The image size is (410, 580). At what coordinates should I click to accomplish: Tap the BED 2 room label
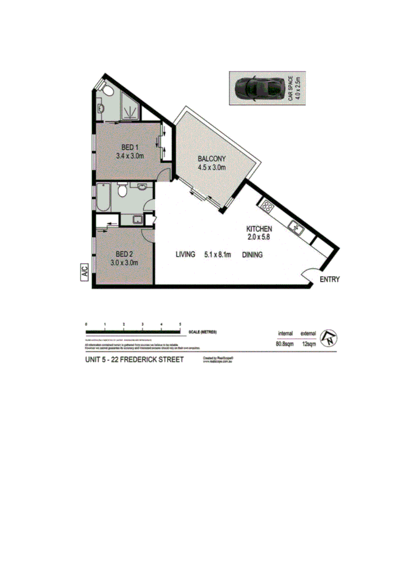tap(125, 253)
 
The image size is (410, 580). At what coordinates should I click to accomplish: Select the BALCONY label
tap(211, 158)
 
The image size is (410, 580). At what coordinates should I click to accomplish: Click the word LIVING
tap(185, 255)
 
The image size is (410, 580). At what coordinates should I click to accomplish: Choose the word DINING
tap(252, 255)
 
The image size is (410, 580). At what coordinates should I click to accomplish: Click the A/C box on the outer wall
tap(84, 272)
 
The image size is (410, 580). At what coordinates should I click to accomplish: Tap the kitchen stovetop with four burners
tap(267, 206)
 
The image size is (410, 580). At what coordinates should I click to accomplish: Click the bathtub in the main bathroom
tap(103, 198)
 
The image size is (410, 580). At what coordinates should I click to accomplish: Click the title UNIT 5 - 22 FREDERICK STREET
tap(134, 359)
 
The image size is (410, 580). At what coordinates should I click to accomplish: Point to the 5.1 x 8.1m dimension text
tap(217, 255)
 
